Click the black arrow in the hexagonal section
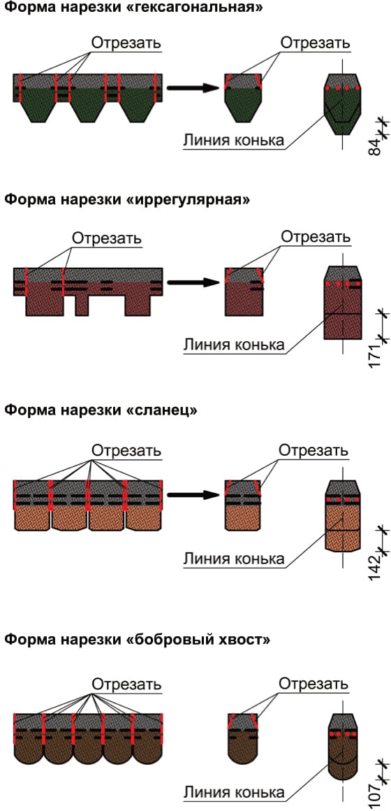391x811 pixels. [x=193, y=88]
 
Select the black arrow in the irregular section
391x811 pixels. [x=193, y=282]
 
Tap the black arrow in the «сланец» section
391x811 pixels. [x=193, y=495]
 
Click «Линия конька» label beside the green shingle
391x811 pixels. [x=233, y=141]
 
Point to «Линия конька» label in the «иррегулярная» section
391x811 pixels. [x=233, y=345]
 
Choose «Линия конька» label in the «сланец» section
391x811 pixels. [x=233, y=559]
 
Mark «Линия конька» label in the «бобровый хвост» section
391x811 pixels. [x=233, y=793]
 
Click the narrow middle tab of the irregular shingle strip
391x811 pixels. [x=81, y=305]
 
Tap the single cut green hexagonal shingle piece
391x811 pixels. [x=243, y=98]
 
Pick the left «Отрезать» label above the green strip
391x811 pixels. [x=126, y=43]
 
